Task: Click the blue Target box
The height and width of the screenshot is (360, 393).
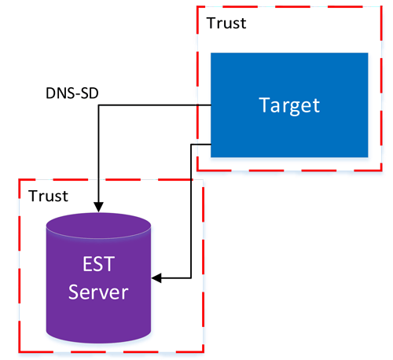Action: tap(289, 104)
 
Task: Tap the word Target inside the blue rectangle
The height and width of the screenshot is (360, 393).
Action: tap(289, 105)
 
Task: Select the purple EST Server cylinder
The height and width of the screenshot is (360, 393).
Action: tap(98, 275)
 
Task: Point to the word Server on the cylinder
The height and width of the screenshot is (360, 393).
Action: tap(98, 292)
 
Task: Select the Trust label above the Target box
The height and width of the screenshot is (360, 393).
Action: tap(226, 22)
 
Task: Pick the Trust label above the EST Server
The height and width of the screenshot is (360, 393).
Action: tap(48, 195)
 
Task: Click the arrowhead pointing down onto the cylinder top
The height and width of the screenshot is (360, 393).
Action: tap(97, 207)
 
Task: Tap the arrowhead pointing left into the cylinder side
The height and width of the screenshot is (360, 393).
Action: tap(156, 278)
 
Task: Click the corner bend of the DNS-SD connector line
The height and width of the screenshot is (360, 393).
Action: tap(97, 105)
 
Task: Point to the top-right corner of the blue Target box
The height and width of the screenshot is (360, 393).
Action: tap(368, 53)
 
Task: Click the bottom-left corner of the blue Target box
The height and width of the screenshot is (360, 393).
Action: tap(211, 156)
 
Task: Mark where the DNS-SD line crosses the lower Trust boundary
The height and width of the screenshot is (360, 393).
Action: tap(97, 180)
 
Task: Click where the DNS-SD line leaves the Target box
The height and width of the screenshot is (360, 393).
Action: tap(211, 105)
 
